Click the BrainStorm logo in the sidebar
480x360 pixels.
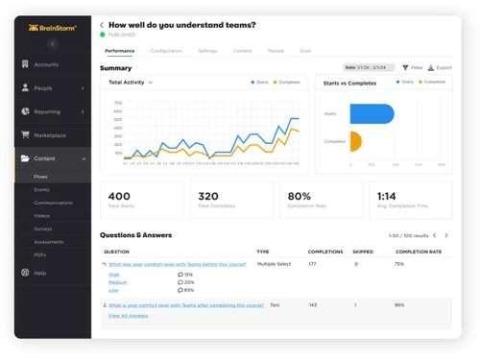pyautogui.click(x=52, y=28)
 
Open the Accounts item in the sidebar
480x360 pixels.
pyautogui.click(x=46, y=64)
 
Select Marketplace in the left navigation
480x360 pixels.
pyautogui.click(x=49, y=135)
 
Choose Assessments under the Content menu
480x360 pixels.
pyautogui.click(x=48, y=242)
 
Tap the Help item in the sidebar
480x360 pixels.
pyautogui.click(x=39, y=273)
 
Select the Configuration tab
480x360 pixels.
pyautogui.click(x=166, y=51)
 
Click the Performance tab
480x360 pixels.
pyautogui.click(x=120, y=51)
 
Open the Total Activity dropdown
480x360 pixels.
pyautogui.click(x=131, y=83)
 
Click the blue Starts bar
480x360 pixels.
pyautogui.click(x=372, y=113)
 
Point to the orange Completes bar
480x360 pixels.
pyautogui.click(x=355, y=141)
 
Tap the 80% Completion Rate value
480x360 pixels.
pyautogui.click(x=299, y=196)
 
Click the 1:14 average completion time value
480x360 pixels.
pyautogui.click(x=386, y=196)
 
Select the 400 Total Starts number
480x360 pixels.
pyautogui.click(x=120, y=196)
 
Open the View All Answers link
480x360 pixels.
pyautogui.click(x=128, y=315)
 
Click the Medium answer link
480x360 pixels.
pyautogui.click(x=117, y=282)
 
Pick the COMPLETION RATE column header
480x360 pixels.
pyautogui.click(x=419, y=252)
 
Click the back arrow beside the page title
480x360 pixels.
pyautogui.click(x=103, y=25)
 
